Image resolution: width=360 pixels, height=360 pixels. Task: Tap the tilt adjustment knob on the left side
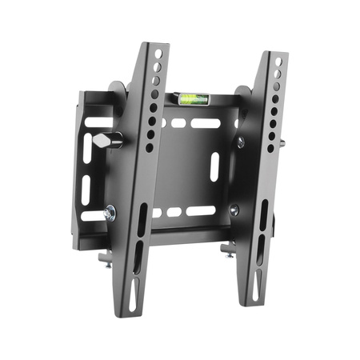click(113, 141)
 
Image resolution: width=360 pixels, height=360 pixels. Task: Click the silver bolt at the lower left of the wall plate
click(110, 213)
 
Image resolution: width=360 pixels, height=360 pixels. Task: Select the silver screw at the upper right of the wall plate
click(240, 142)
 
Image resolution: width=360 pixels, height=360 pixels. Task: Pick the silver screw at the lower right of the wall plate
click(234, 210)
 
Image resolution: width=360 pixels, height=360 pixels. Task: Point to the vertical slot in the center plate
click(214, 166)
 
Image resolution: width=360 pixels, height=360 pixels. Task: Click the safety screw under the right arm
click(228, 251)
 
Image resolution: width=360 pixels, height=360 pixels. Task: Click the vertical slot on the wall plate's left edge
click(86, 189)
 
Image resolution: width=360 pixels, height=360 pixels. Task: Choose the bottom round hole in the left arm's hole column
click(149, 147)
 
